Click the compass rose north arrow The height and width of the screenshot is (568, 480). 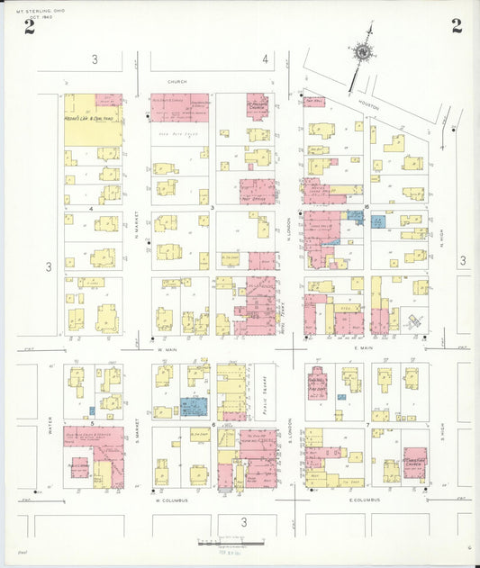363,53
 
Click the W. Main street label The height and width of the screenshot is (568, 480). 168,349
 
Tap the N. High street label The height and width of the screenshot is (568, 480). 442,239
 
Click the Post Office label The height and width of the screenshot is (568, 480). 258,193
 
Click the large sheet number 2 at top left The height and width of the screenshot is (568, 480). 30,26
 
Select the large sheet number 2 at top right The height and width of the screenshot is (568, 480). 457,26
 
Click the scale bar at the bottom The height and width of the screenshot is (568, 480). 230,544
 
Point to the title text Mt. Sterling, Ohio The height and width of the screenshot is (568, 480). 29,10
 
